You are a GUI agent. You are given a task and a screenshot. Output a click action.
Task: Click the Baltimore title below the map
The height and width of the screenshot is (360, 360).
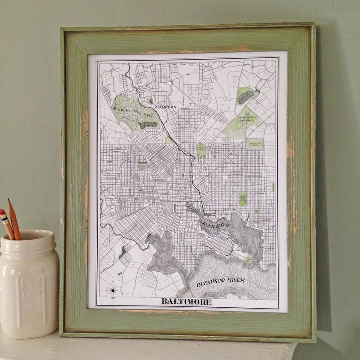186,302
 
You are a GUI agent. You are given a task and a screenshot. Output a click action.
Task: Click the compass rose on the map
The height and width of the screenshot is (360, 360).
113,291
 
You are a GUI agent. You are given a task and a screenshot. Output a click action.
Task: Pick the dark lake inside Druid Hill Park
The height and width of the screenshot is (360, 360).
147,125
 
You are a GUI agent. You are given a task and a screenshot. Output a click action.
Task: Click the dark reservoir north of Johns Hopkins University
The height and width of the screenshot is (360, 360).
246,97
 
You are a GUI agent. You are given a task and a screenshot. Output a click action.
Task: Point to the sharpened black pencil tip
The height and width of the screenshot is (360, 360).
9,201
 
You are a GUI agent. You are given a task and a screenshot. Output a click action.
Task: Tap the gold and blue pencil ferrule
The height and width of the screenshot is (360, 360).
6,221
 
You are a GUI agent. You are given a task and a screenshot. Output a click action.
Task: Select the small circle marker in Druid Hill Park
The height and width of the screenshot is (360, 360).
114,108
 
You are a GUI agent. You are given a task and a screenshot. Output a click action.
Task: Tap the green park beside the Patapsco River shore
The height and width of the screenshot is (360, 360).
249,259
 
